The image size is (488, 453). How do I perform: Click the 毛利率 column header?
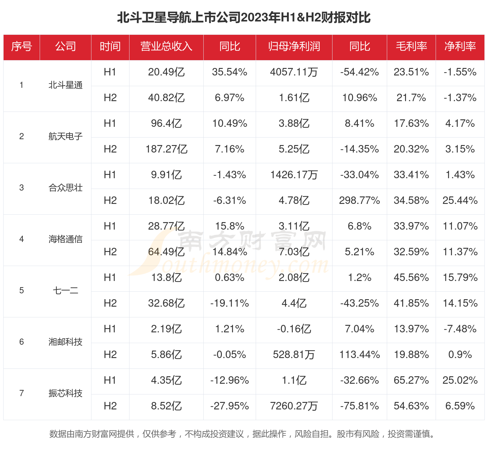(x=411, y=47)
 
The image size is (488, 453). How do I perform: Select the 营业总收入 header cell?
(x=166, y=47)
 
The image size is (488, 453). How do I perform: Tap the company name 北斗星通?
(x=65, y=85)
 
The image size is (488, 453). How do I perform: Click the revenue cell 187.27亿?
(x=166, y=149)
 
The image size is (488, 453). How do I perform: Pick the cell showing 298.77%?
(x=359, y=201)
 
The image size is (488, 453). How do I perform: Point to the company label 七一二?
(x=65, y=290)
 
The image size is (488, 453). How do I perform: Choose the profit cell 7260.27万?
(x=294, y=406)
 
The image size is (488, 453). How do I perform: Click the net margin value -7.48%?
(x=460, y=329)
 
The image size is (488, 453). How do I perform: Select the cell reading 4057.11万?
(x=294, y=72)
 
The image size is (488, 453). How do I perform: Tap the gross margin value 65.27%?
(x=411, y=380)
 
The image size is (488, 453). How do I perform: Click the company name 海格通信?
(x=65, y=239)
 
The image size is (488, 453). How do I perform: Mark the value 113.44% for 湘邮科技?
(x=359, y=355)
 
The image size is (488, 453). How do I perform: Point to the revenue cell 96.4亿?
(x=166, y=124)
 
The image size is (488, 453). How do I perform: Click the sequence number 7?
(x=21, y=393)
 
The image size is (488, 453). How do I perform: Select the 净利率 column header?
(x=460, y=47)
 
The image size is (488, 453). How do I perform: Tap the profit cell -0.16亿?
(x=294, y=329)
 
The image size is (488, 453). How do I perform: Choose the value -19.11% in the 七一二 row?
(x=229, y=303)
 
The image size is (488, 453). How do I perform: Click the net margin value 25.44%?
(x=460, y=201)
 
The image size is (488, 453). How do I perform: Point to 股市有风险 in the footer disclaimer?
(x=358, y=434)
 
